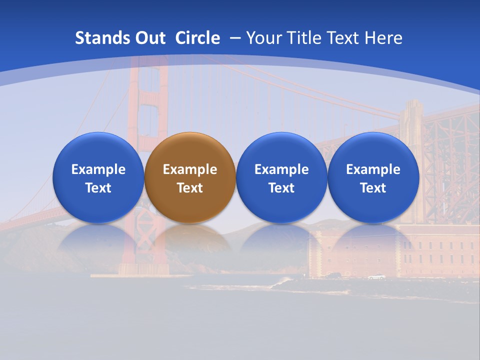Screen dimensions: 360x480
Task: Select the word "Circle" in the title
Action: tap(197, 38)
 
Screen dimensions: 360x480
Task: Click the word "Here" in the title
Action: tap(383, 38)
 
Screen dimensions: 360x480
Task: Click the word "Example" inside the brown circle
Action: tap(190, 169)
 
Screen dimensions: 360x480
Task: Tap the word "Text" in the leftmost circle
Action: tap(98, 188)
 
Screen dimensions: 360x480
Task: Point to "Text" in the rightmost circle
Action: tap(373, 188)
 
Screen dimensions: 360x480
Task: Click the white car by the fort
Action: tap(376, 277)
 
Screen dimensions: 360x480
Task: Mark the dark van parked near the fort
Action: tap(333, 275)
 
